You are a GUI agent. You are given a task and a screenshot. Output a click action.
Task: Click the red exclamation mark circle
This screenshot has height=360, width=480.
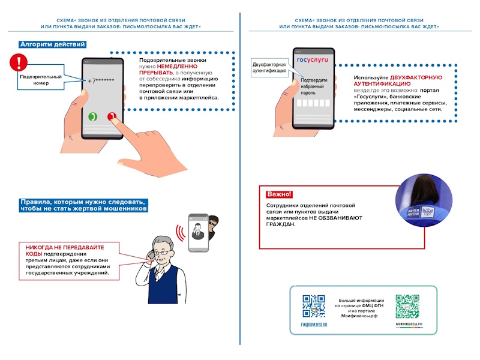tap(20, 62)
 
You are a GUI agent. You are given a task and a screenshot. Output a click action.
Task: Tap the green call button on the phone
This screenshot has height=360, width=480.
tap(92, 117)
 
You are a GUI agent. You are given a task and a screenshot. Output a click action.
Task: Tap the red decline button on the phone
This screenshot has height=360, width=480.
tap(111, 117)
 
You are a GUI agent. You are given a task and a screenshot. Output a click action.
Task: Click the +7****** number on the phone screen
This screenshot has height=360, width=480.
tap(101, 81)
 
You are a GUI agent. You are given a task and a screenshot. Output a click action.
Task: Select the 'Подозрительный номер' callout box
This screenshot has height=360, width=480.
tap(41, 80)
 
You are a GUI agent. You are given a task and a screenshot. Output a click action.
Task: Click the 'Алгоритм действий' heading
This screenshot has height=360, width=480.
tap(52, 44)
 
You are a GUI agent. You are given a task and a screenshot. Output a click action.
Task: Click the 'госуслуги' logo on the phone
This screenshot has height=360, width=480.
tap(313, 60)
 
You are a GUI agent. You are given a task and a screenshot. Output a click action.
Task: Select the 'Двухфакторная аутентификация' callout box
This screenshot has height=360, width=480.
tap(270, 67)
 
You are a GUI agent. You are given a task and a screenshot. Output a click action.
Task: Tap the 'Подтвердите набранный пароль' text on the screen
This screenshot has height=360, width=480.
tap(314, 87)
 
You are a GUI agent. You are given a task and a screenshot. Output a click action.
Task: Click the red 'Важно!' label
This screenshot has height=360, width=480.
tap(279, 194)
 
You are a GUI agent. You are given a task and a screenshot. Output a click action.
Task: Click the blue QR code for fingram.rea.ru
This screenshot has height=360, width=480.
tap(313, 306)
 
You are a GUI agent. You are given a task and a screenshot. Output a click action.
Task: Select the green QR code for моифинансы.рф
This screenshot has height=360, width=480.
tap(407, 306)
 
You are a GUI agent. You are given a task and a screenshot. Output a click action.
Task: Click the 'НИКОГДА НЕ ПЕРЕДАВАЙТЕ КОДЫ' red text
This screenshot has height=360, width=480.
tap(65, 250)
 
